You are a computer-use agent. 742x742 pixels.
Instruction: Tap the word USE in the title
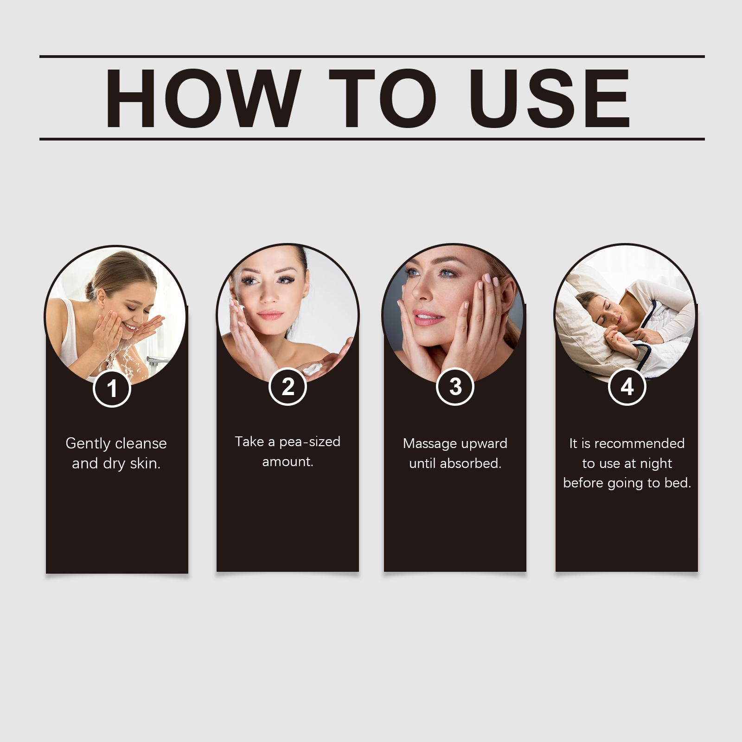(x=550, y=98)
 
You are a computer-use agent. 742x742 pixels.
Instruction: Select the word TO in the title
(x=383, y=98)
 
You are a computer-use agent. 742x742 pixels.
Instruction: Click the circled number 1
(x=112, y=389)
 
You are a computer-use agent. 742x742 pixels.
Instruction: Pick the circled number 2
(x=288, y=387)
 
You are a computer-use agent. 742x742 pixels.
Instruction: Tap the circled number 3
(x=455, y=387)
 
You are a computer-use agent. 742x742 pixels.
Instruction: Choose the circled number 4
(x=627, y=387)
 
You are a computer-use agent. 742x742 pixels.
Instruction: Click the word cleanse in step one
(x=141, y=443)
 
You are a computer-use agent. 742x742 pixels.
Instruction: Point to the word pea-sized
(x=310, y=442)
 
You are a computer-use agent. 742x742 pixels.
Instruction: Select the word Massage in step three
(x=430, y=444)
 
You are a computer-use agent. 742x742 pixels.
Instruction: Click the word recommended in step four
(x=640, y=443)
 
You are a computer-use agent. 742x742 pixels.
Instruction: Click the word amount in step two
(x=288, y=462)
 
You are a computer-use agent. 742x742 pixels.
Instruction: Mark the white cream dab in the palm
(x=313, y=369)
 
